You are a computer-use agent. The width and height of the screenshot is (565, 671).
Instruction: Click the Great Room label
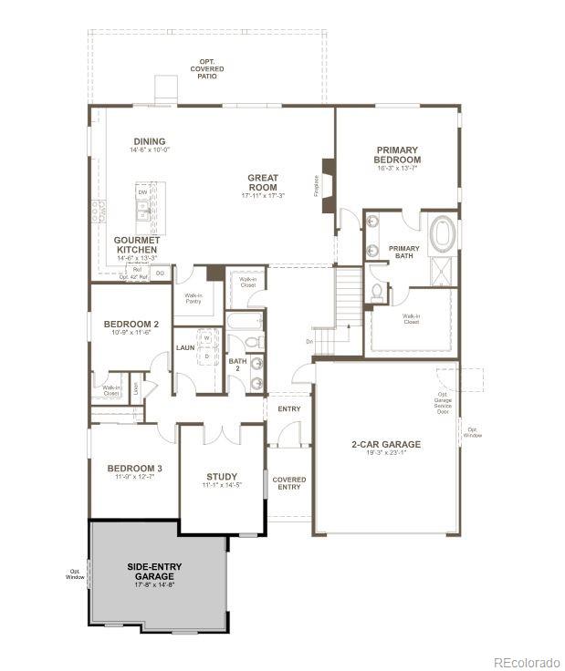tap(263, 182)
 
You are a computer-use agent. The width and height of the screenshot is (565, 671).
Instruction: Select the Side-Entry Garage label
tap(154, 572)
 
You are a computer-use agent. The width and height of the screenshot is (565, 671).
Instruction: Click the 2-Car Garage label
tap(386, 445)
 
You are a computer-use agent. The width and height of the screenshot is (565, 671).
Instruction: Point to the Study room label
tap(222, 477)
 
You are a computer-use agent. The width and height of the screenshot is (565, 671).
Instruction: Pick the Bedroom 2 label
tap(131, 325)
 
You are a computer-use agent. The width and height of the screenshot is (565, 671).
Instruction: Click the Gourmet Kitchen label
tap(137, 245)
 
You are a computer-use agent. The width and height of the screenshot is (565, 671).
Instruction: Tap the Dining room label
tap(150, 142)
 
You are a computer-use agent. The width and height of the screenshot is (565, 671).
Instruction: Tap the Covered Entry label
tap(289, 483)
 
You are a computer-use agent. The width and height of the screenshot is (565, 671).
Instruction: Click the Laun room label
tap(185, 347)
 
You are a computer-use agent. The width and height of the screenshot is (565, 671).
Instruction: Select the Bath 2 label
tap(237, 364)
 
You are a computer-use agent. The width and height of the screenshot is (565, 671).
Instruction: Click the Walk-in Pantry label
tap(193, 298)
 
